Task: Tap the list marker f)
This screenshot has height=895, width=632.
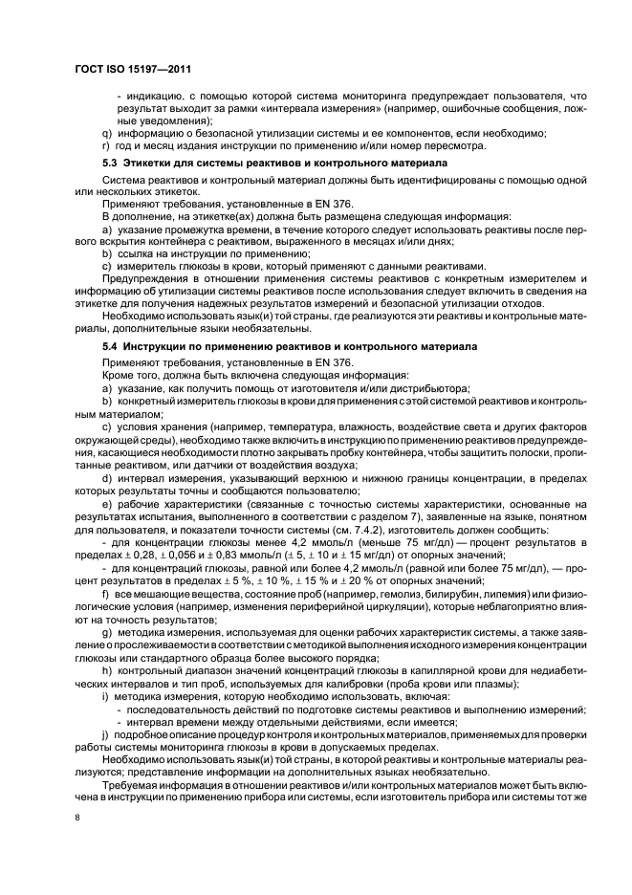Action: coord(106,594)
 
